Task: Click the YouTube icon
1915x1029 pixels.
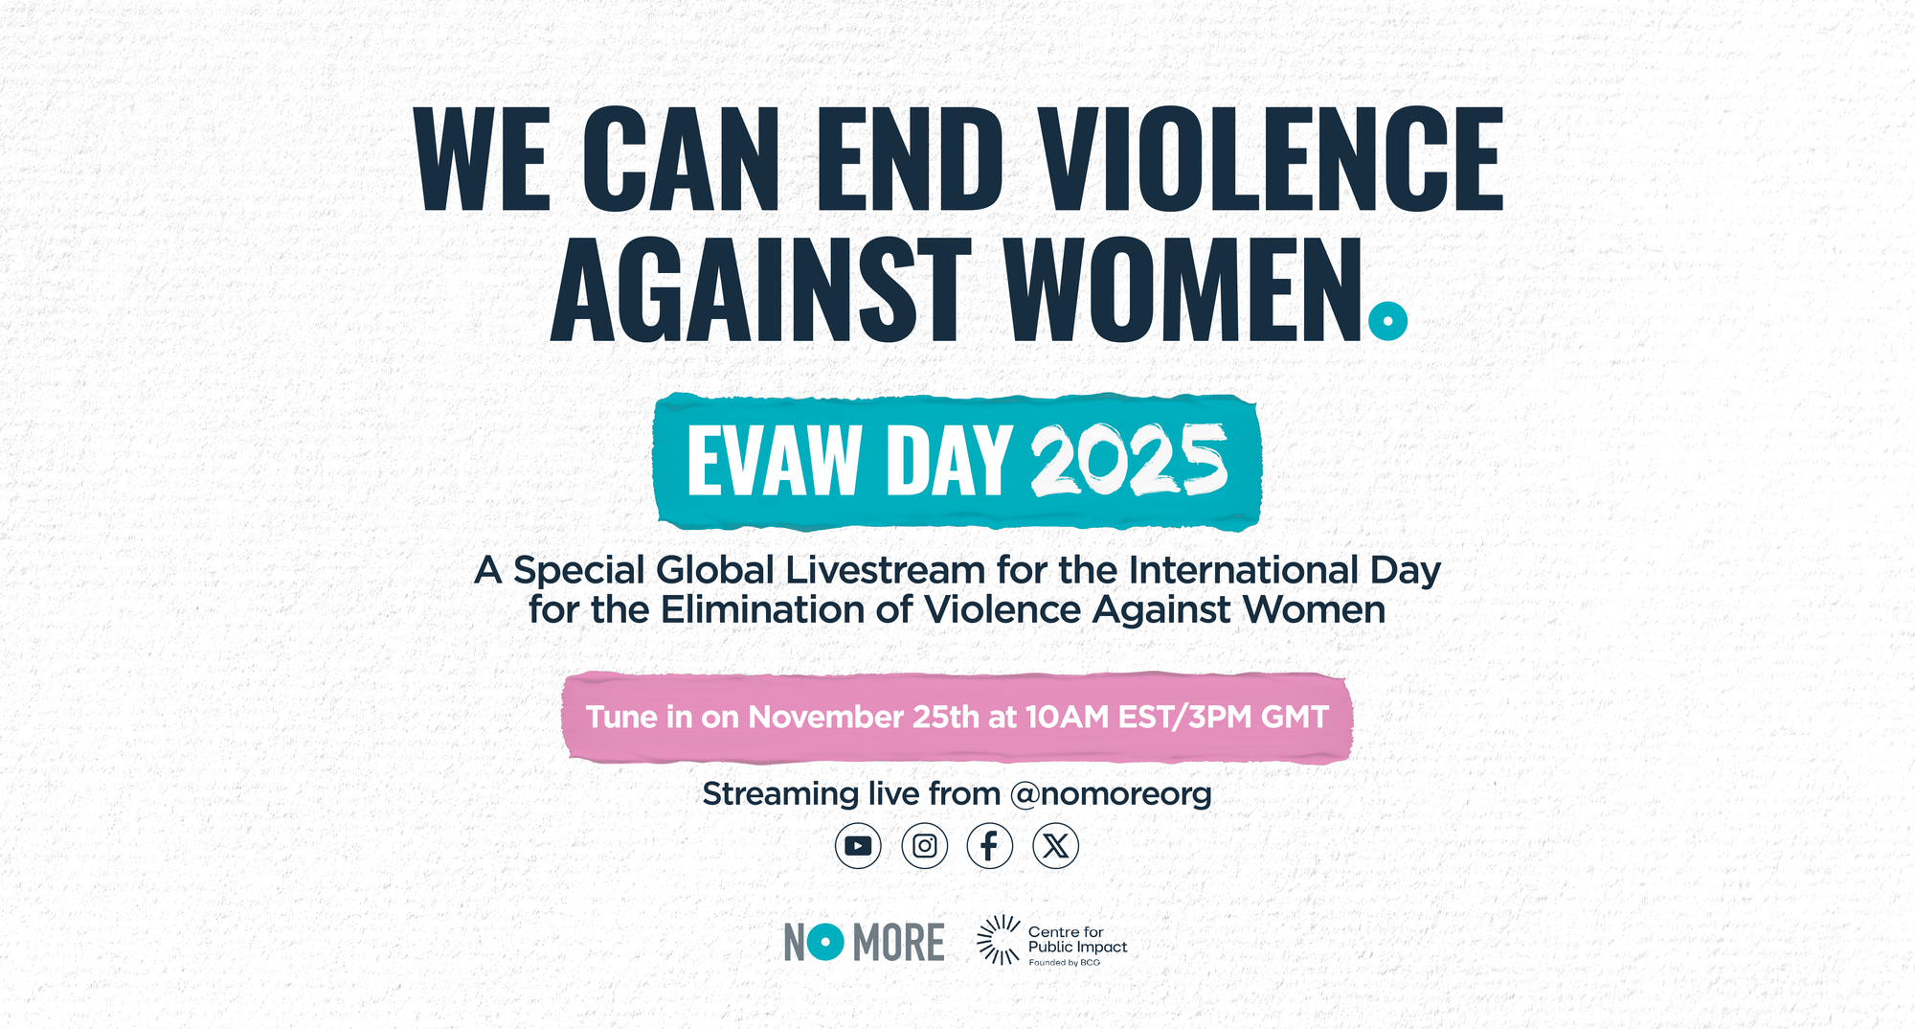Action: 858,846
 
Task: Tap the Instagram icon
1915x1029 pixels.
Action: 925,846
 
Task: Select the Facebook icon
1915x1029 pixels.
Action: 990,846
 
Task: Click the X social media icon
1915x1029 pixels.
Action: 1056,846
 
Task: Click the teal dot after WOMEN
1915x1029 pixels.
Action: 1388,321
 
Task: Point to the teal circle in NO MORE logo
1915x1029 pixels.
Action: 825,942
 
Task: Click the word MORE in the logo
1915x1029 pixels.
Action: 898,943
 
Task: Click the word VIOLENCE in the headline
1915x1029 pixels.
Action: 1273,159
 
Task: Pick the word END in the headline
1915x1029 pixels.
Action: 910,159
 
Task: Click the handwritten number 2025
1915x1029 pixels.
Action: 1130,461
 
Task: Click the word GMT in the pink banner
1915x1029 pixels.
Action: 1295,717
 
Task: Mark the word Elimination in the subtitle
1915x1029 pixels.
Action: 763,609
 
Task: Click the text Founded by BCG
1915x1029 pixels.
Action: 1065,963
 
